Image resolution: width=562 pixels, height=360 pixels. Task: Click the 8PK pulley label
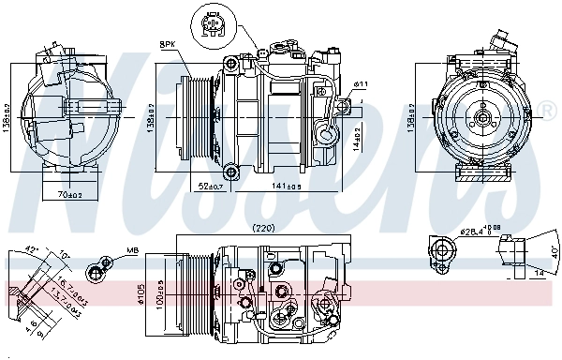click(168, 44)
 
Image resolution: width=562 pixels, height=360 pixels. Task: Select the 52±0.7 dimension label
click(209, 186)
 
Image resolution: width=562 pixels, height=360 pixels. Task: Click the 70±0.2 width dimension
click(67, 195)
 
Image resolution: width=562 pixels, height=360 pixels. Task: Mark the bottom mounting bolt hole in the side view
click(230, 170)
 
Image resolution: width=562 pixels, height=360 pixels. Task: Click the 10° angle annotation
click(64, 253)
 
